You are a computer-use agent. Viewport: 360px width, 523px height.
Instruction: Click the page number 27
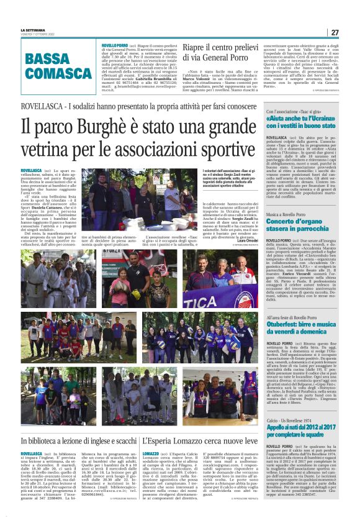(x=334, y=32)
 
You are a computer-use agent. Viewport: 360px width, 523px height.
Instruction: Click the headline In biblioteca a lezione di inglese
(x=78, y=423)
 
